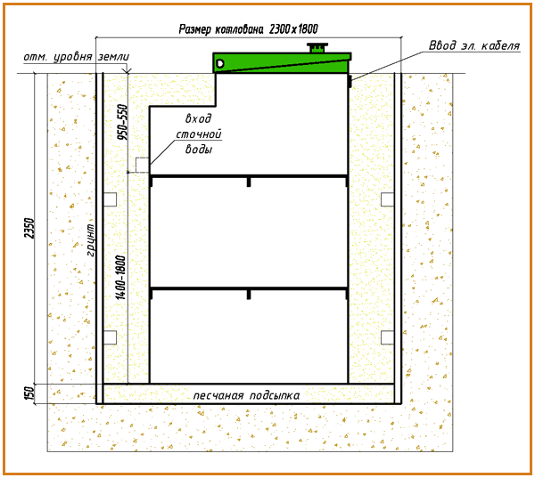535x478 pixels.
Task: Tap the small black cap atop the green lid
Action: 317,47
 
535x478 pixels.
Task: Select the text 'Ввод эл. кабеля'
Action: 474,46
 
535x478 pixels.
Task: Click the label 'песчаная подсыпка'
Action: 247,393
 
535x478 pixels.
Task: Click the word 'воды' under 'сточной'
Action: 199,150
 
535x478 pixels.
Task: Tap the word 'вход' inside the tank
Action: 199,118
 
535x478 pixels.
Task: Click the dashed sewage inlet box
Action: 142,165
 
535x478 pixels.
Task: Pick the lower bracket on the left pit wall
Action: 110,336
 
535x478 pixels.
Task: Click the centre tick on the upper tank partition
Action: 249,182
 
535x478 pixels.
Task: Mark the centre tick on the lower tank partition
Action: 249,293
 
